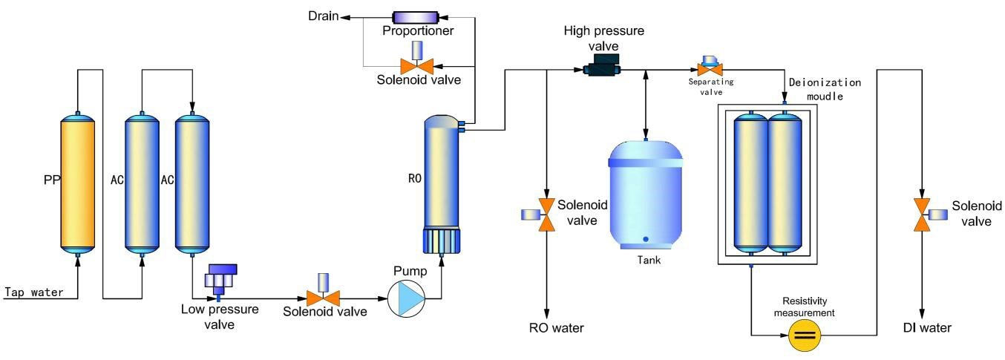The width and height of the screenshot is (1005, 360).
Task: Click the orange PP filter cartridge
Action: click(x=77, y=183)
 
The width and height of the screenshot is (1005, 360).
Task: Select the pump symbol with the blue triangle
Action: click(x=406, y=298)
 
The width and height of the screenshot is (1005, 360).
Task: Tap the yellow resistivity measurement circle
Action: click(x=805, y=335)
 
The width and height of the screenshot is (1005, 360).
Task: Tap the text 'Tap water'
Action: click(x=34, y=292)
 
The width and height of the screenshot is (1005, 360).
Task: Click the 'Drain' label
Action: click(x=324, y=16)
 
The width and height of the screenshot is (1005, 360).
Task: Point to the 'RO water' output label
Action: click(x=551, y=327)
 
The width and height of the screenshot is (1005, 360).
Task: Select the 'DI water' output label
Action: click(x=923, y=327)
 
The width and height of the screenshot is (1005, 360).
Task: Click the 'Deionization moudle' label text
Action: click(x=825, y=88)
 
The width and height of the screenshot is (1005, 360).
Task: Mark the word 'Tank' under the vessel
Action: click(x=649, y=260)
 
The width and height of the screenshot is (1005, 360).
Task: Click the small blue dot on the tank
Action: click(x=646, y=238)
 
